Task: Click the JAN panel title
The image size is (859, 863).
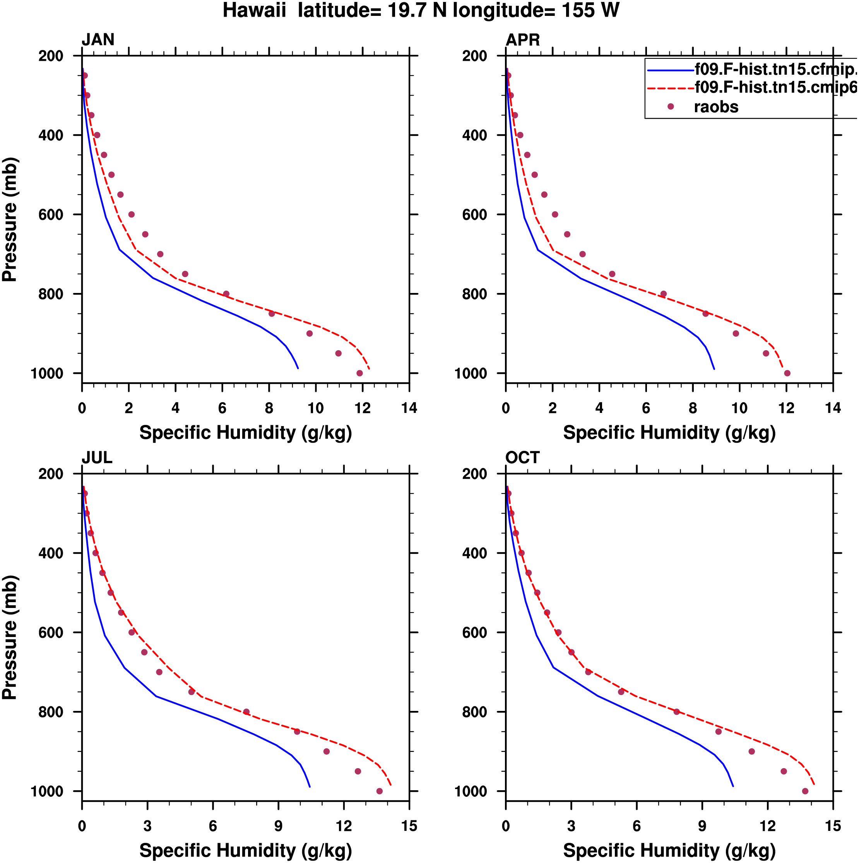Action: [98, 40]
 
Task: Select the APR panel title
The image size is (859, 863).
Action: [523, 40]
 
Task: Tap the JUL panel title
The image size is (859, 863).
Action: [97, 458]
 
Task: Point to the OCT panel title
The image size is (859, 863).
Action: [523, 458]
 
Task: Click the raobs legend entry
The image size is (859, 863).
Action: [715, 107]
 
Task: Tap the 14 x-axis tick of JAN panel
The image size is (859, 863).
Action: [409, 408]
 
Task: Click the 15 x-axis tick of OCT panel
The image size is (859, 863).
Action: [833, 826]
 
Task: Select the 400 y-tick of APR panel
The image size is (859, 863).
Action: [474, 135]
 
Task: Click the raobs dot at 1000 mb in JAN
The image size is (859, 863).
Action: [359, 373]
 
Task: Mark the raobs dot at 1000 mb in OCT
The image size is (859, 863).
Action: [805, 791]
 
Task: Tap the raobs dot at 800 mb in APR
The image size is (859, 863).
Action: [663, 294]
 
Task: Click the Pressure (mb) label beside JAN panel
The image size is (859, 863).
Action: [9, 219]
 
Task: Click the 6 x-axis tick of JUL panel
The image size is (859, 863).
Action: [213, 826]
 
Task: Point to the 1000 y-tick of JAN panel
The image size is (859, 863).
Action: [46, 374]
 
